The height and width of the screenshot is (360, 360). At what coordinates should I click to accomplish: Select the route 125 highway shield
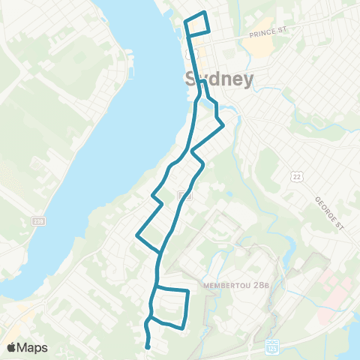[271, 349]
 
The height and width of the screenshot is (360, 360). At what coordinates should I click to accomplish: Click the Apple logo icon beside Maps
[13, 347]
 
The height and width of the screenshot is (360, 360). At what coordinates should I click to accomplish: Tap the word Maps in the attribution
[33, 347]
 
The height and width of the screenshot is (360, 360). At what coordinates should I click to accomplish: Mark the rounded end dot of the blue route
[148, 346]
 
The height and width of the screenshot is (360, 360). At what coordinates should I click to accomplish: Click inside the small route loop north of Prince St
[196, 23]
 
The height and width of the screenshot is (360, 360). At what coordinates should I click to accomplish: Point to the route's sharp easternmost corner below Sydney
[223, 126]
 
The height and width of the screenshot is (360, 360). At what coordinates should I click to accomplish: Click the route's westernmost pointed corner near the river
[136, 235]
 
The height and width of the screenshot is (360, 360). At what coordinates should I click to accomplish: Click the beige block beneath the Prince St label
[257, 47]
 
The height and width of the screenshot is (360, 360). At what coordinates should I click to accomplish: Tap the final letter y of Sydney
[247, 82]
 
